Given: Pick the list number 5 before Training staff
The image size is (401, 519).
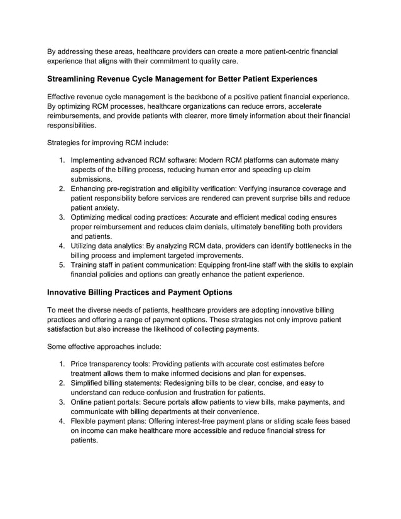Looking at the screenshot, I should [x=62, y=265].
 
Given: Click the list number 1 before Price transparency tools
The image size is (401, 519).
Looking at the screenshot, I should [x=62, y=363].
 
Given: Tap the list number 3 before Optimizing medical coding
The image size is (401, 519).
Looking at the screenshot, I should [x=62, y=217].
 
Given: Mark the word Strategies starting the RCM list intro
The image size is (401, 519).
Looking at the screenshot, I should [x=66, y=143].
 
